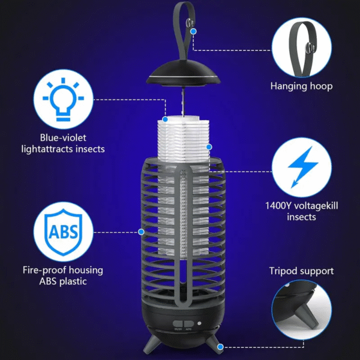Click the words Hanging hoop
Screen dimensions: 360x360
click(301, 86)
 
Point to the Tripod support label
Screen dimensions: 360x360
click(301, 271)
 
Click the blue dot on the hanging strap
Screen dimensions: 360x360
click(188, 23)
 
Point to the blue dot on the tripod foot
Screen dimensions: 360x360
click(220, 347)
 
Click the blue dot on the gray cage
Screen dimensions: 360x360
click(142, 231)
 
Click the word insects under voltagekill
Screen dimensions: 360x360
click(301, 217)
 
